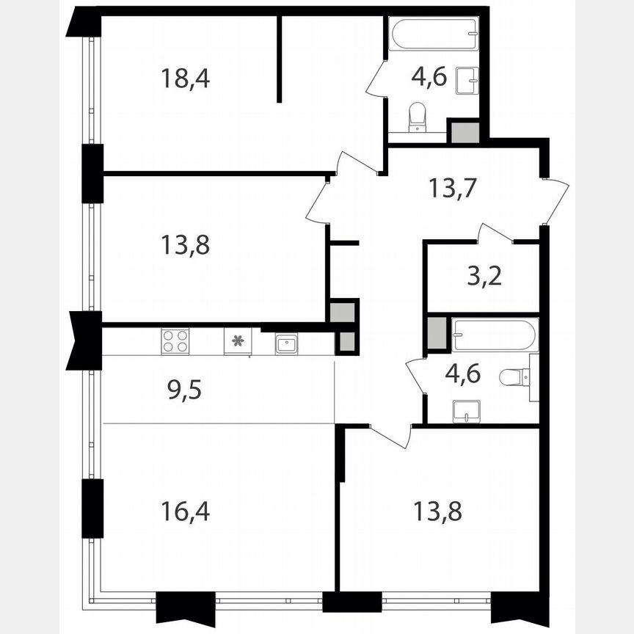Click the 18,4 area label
[x=185, y=78]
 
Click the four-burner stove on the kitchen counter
[x=175, y=342]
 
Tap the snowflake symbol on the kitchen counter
[x=237, y=340]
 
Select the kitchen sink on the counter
[x=286, y=343]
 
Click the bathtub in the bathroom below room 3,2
[x=493, y=336]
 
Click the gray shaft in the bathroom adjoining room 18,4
[x=464, y=132]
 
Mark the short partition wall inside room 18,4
[x=280, y=59]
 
